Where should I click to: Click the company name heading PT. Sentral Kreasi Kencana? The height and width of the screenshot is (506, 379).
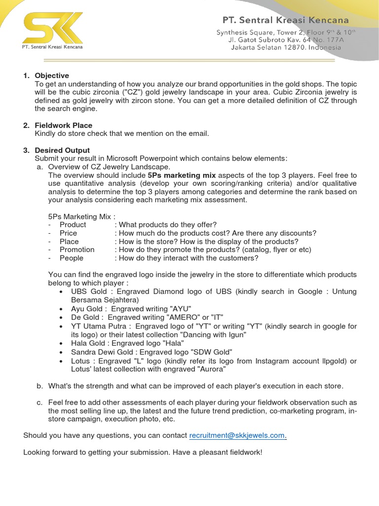285,21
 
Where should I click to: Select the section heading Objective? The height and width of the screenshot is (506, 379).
52,76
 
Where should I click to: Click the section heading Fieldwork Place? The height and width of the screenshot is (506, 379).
63,126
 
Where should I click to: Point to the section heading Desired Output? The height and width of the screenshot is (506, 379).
62,150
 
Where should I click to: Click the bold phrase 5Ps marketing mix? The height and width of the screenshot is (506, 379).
182,175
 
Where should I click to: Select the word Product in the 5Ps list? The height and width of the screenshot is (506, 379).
73,225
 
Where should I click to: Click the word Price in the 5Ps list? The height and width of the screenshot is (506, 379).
68,233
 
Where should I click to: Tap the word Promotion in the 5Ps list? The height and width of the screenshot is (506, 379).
77,250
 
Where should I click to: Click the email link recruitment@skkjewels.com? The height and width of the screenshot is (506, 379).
237,435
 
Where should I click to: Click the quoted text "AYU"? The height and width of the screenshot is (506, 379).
167,308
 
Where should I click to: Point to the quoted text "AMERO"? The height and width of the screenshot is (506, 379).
187,317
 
